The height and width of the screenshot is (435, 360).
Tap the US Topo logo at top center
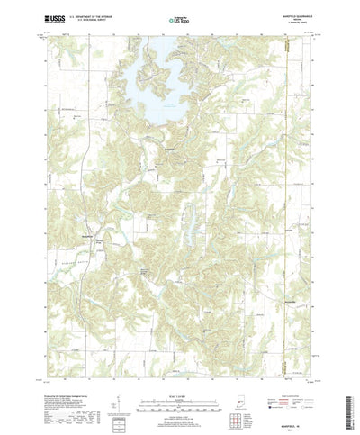180,16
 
